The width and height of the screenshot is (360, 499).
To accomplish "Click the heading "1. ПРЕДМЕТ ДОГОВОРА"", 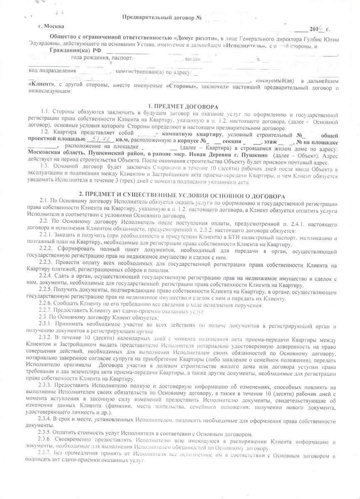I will point(183,107).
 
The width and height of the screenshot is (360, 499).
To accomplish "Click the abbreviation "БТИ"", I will point(212,234).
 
